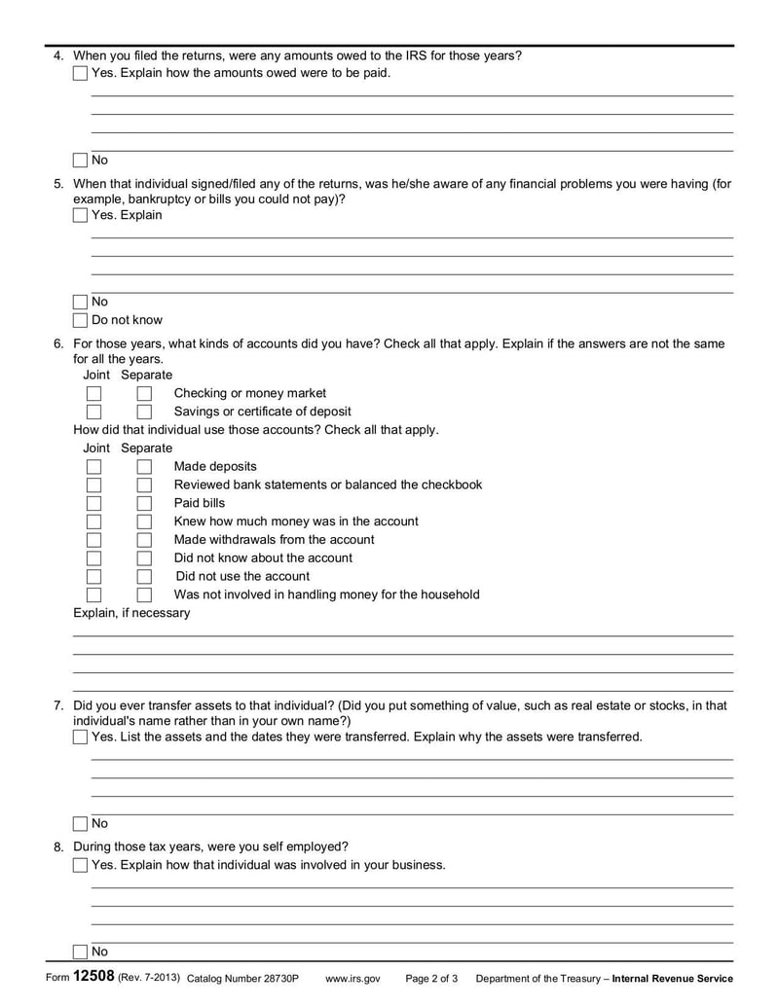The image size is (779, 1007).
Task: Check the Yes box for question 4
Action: [x=80, y=74]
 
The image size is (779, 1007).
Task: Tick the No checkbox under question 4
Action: [x=80, y=161]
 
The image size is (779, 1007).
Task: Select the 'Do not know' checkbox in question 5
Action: [x=80, y=320]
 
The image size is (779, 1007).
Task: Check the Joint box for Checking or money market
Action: [x=93, y=393]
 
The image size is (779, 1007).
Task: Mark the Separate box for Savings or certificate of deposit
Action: [x=144, y=412]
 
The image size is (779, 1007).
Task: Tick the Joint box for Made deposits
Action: [x=93, y=466]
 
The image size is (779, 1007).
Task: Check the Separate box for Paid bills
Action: [x=144, y=503]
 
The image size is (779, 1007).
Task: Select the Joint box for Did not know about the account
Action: [x=93, y=558]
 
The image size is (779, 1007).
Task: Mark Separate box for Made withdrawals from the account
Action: [x=144, y=540]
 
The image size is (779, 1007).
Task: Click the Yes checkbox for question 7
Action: [x=80, y=737]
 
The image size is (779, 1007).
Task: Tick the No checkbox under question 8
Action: [x=80, y=952]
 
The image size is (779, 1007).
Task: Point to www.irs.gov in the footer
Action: [x=352, y=979]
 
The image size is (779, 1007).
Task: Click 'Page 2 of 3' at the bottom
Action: [x=431, y=979]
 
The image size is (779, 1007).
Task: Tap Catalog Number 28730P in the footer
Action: [x=242, y=979]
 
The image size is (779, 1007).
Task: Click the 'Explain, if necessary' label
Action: [x=131, y=613]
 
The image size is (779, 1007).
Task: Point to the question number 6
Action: [x=58, y=343]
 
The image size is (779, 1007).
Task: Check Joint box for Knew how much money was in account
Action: [x=93, y=521]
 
